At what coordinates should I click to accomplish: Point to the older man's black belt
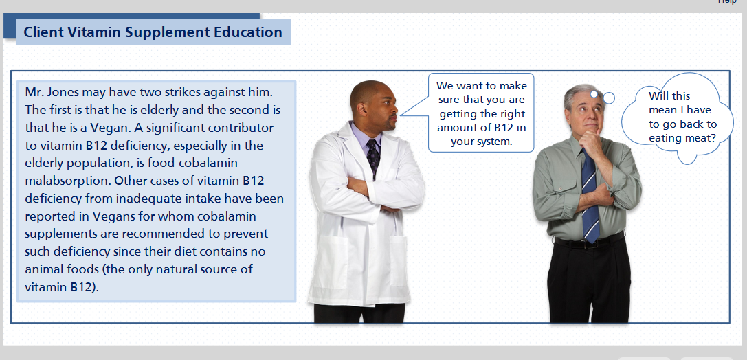point(589,241)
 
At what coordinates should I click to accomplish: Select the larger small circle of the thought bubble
point(609,98)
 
